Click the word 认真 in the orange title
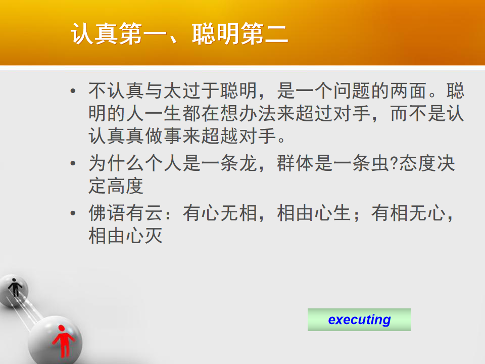pyautogui.click(x=94, y=33)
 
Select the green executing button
pyautogui.click(x=359, y=320)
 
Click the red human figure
pyautogui.click(x=63, y=341)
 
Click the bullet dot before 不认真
pyautogui.click(x=73, y=91)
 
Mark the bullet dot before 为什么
pyautogui.click(x=73, y=163)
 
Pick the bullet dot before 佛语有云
pyautogui.click(x=73, y=213)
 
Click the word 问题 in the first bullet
pyautogui.click(x=352, y=90)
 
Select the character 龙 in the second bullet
pyautogui.click(x=248, y=163)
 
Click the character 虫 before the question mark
pyautogui.click(x=380, y=163)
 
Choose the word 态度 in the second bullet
pyautogui.click(x=418, y=163)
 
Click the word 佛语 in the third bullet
pyautogui.click(x=107, y=213)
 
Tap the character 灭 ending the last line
pyautogui.click(x=153, y=236)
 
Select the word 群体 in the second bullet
pyautogui.click(x=296, y=163)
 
